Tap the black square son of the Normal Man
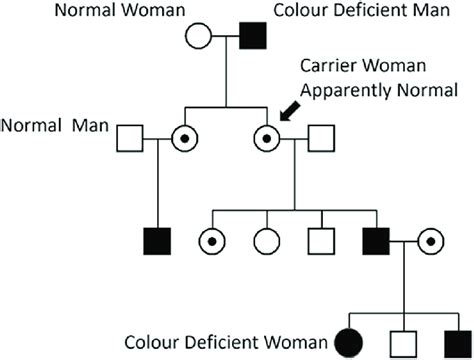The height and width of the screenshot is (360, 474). pyautogui.click(x=156, y=241)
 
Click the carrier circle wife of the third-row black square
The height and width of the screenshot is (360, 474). pyautogui.click(x=430, y=241)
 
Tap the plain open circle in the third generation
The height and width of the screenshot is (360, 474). pyautogui.click(x=266, y=241)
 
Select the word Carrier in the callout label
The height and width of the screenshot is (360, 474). pyautogui.click(x=326, y=66)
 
